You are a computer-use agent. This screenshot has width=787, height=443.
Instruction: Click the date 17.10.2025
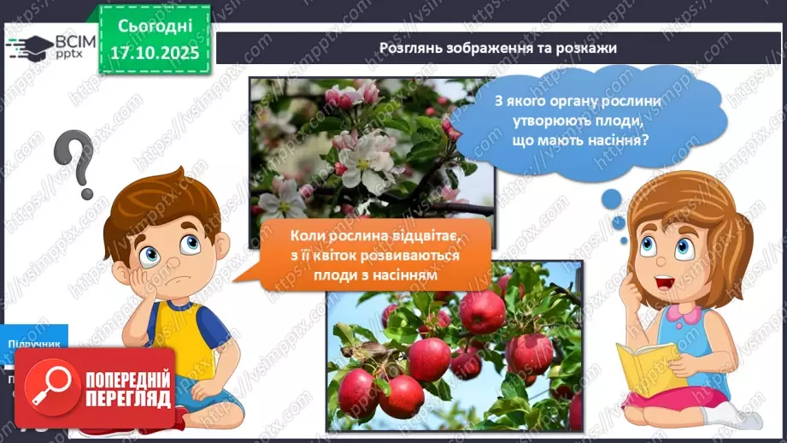click(x=155, y=53)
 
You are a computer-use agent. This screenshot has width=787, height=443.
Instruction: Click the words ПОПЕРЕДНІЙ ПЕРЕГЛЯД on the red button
click(x=127, y=390)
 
